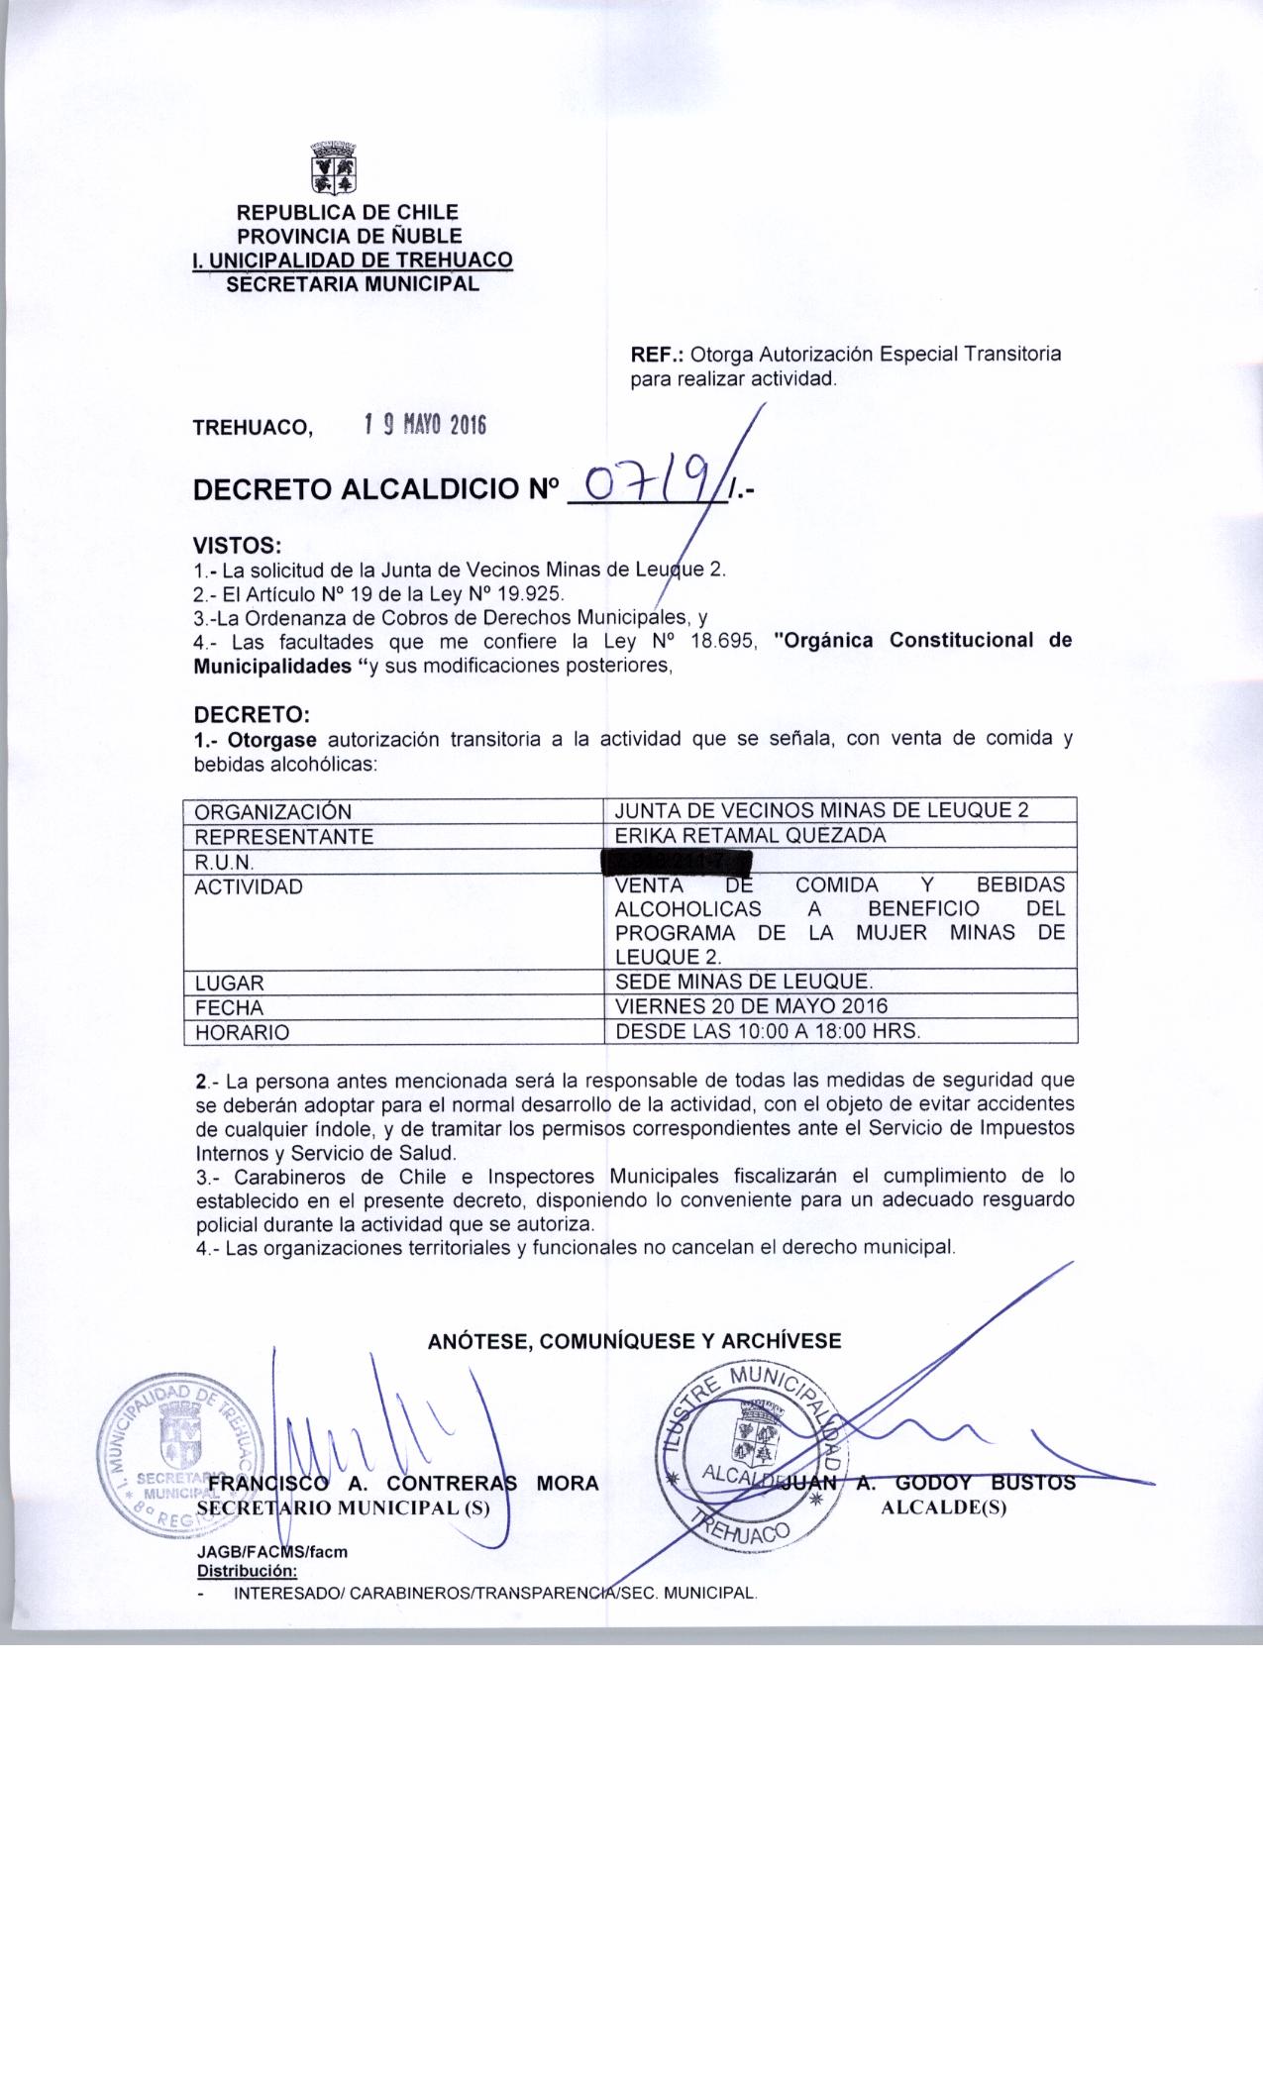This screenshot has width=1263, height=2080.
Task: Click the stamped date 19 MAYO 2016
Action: click(425, 425)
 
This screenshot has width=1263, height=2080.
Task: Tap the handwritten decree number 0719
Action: click(648, 484)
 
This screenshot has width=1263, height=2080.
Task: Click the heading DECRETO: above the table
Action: click(253, 714)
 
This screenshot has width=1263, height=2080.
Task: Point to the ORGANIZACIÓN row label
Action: click(272, 811)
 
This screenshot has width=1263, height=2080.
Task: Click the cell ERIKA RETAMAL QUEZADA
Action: click(750, 835)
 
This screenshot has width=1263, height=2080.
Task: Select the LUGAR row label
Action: click(230, 983)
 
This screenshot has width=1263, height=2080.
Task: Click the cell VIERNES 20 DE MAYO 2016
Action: click(752, 1006)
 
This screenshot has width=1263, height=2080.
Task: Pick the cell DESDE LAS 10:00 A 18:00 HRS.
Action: click(768, 1030)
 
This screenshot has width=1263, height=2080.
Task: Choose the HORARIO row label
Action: click(242, 1032)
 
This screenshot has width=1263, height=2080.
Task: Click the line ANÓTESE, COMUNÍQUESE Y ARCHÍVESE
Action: click(634, 1341)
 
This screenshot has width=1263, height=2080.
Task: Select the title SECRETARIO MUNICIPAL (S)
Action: click(352, 1507)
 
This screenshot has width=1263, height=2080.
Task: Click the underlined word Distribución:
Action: click(247, 1571)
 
